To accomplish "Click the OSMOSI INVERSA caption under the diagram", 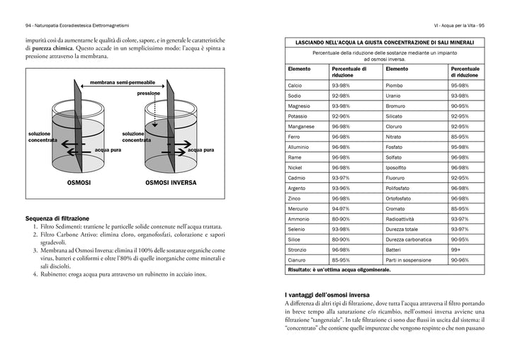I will pyautogui.click(x=171, y=183).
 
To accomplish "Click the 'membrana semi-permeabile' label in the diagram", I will pyautogui.click(x=122, y=83).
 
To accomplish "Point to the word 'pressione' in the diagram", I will pyautogui.click(x=148, y=93).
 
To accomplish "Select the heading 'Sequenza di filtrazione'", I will pyautogui.click(x=57, y=218).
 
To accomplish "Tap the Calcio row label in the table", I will pyautogui.click(x=295, y=85).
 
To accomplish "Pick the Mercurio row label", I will pyautogui.click(x=298, y=209).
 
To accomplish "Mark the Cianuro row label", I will pyautogui.click(x=297, y=260).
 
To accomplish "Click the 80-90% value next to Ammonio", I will pyautogui.click(x=341, y=219).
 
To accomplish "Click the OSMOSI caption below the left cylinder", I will pyautogui.click(x=79, y=183).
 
